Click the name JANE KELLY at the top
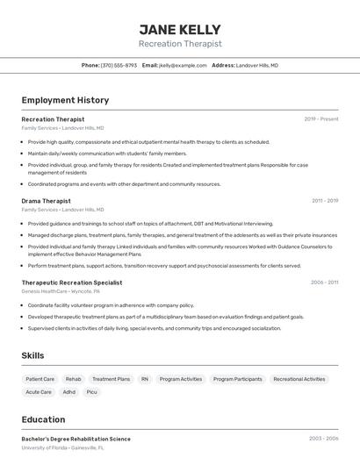[x=180, y=30]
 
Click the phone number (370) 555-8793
[x=119, y=65]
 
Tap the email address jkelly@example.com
[x=183, y=65]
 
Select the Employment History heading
[x=65, y=100]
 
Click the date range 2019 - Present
[x=321, y=118]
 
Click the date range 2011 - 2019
[x=325, y=201]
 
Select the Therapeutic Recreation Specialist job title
[x=72, y=283]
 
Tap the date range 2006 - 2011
[x=324, y=283]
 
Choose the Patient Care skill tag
[x=40, y=379]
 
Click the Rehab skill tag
[x=73, y=379]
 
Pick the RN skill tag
[x=145, y=379]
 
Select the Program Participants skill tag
[x=237, y=379]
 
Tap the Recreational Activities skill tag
[x=299, y=379]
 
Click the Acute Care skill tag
[x=39, y=392]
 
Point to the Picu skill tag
[x=91, y=392]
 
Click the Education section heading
[x=43, y=419]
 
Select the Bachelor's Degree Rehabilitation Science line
[x=76, y=439]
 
